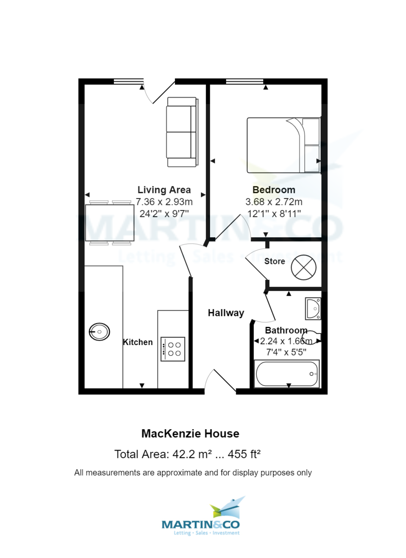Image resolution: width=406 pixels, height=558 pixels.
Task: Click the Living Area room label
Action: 164,190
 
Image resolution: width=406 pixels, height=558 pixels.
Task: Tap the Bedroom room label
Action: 273,190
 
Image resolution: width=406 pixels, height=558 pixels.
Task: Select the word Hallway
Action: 226,313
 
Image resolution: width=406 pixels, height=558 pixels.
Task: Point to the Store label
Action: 274,261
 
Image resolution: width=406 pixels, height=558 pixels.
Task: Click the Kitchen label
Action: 138,342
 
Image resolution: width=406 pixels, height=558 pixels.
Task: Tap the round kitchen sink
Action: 100,332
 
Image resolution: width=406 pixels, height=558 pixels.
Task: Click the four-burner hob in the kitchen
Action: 173,349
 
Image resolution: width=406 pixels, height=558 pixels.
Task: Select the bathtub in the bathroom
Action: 287,373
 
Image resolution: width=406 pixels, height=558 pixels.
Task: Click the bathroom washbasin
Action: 313,309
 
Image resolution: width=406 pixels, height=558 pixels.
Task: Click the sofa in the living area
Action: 182,132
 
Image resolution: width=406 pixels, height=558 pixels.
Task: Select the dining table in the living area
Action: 110,223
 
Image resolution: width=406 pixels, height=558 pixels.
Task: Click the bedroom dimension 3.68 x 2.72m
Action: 273,202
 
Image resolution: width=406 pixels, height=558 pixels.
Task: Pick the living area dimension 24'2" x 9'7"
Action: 164,214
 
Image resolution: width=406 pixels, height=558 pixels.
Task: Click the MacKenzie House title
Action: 190,434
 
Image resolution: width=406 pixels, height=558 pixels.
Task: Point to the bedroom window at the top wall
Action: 245,82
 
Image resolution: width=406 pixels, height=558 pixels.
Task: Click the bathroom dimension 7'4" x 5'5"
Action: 286,352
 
